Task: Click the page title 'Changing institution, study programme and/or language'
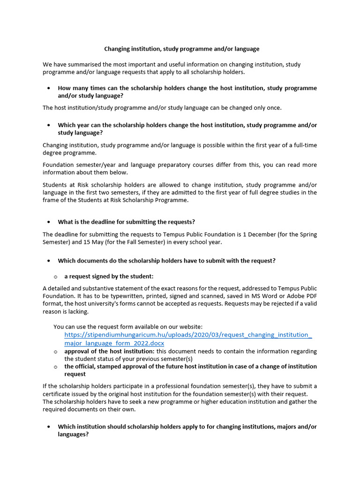[181, 49]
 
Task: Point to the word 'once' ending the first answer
[274, 108]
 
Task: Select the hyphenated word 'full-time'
[305, 145]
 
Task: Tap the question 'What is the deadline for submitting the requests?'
[126, 222]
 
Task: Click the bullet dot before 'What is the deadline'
[49, 222]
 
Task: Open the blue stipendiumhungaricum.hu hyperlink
[187, 335]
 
